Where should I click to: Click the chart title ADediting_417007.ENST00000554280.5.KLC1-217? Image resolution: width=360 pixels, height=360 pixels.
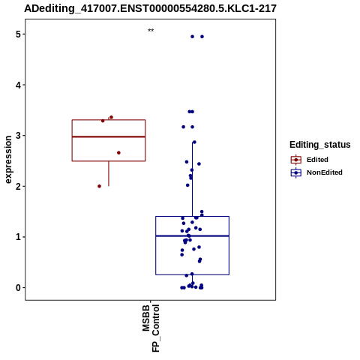click(x=150, y=8)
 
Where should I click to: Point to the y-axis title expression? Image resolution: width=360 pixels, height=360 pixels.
click(x=8, y=160)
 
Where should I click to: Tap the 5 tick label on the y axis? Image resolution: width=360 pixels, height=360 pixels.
click(x=18, y=34)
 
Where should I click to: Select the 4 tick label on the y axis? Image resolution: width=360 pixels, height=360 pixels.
click(x=18, y=85)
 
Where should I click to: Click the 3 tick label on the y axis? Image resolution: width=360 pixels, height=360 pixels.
click(x=18, y=136)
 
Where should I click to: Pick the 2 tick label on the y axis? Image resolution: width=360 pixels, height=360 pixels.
click(x=18, y=187)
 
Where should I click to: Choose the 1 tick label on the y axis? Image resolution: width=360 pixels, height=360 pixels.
click(x=18, y=237)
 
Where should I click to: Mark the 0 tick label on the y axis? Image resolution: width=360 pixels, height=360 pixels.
click(x=18, y=288)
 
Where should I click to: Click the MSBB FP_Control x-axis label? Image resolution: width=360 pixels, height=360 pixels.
click(x=151, y=328)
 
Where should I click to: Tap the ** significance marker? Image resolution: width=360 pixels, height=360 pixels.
click(x=151, y=30)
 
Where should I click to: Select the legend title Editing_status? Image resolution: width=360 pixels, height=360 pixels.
click(x=320, y=145)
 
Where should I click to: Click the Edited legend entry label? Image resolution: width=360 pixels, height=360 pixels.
click(x=317, y=160)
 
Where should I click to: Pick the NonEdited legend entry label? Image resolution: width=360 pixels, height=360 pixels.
click(x=325, y=172)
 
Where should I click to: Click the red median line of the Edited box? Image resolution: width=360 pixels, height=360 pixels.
click(x=109, y=136)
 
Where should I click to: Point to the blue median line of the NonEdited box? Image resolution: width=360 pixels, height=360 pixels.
click(x=192, y=235)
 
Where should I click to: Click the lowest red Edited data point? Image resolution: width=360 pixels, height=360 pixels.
click(x=99, y=186)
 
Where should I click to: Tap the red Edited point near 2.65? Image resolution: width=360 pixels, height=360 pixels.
click(x=118, y=153)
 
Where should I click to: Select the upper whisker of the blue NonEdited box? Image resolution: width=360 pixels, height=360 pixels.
click(x=193, y=179)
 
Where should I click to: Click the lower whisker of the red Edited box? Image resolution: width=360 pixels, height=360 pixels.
click(x=109, y=173)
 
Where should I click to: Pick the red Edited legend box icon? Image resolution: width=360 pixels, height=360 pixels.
click(x=296, y=160)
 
